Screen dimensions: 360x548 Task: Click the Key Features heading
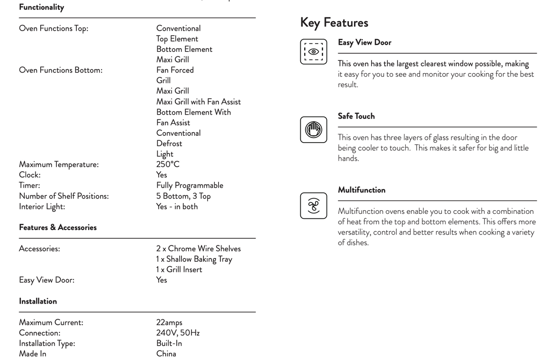coord(334,23)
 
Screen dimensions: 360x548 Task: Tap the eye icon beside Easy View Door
coord(313,51)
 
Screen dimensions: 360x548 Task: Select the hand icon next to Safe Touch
coord(313,129)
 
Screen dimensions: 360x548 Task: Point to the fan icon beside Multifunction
coord(313,206)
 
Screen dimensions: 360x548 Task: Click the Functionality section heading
coord(42,7)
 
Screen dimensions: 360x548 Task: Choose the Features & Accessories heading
coord(58,227)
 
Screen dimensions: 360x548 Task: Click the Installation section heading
coord(38,301)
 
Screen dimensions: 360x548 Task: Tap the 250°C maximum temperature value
coord(168,164)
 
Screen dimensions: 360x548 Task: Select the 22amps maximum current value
coord(169,323)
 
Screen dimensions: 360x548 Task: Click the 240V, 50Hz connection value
coord(178,333)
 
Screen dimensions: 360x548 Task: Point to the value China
coord(166,354)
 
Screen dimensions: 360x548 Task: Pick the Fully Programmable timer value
coord(190,185)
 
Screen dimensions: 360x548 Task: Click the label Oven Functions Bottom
coord(60,70)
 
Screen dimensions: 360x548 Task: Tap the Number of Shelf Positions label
coord(64,196)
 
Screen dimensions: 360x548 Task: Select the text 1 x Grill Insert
coord(179,269)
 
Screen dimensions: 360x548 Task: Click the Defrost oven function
coord(169,143)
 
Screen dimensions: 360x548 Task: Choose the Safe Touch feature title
coord(356,116)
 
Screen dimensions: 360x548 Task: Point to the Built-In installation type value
coord(169,343)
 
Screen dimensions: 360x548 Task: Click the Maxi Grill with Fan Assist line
coord(199,102)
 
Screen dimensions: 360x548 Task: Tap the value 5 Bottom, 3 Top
coord(183,196)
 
